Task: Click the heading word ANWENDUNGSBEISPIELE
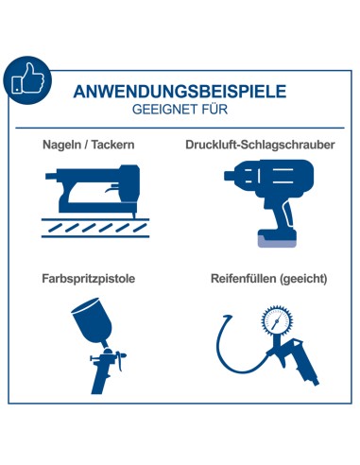click(x=179, y=93)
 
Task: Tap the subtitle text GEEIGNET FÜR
click(x=179, y=110)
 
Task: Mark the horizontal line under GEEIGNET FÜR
click(x=180, y=129)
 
